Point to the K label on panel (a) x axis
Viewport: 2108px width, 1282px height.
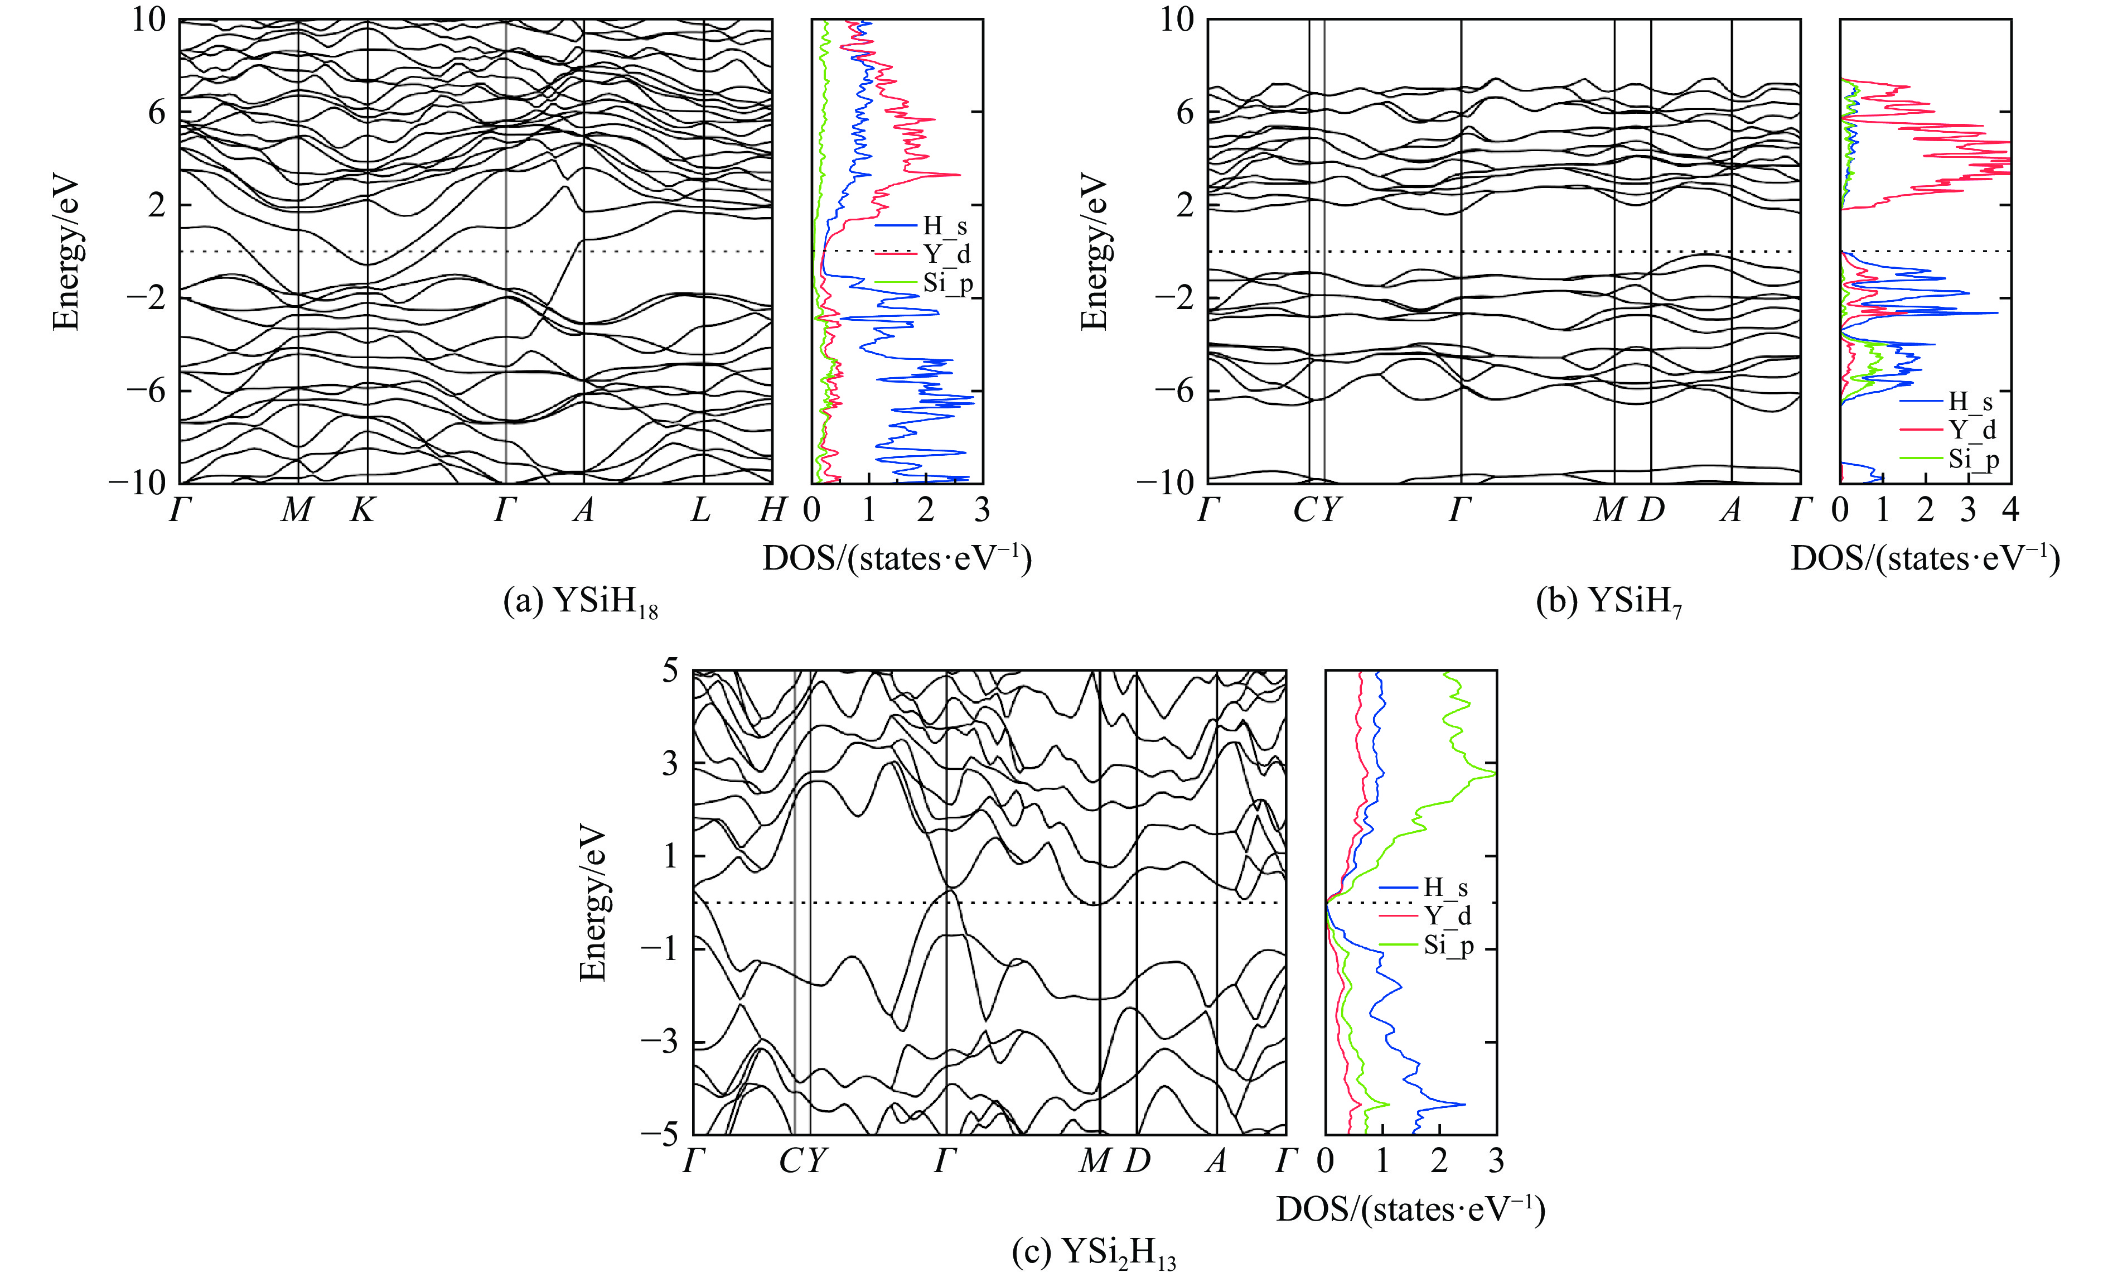[362, 511]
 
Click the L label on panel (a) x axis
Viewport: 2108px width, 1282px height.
[700, 511]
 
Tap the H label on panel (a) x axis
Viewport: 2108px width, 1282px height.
[772, 511]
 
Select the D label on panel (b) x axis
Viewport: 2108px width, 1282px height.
[1651, 511]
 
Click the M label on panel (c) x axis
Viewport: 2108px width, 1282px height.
[1094, 1161]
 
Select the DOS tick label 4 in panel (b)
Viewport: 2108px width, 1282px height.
[2010, 511]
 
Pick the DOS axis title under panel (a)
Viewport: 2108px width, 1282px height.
[897, 559]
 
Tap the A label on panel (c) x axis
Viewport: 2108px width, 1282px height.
[1216, 1161]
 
